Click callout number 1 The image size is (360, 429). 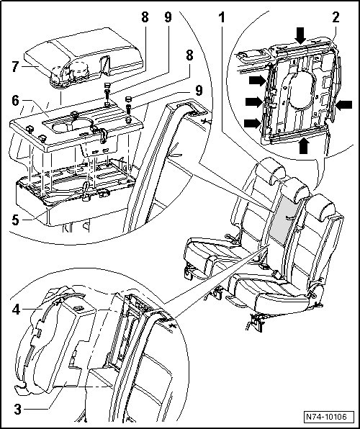[222, 17]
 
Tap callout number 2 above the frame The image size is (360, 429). [336, 17]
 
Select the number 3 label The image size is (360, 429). [17, 410]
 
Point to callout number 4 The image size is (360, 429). [16, 310]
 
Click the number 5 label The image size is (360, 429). [16, 220]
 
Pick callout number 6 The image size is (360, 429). [15, 101]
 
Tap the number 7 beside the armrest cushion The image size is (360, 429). [16, 66]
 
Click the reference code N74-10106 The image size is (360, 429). [325, 417]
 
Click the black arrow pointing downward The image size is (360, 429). [301, 35]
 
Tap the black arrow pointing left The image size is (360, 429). [344, 105]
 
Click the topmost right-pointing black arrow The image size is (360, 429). [258, 81]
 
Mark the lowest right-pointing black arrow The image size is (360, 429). [253, 123]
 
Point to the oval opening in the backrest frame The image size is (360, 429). [301, 90]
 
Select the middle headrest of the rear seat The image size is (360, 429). [296, 189]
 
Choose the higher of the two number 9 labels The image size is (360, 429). [168, 17]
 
